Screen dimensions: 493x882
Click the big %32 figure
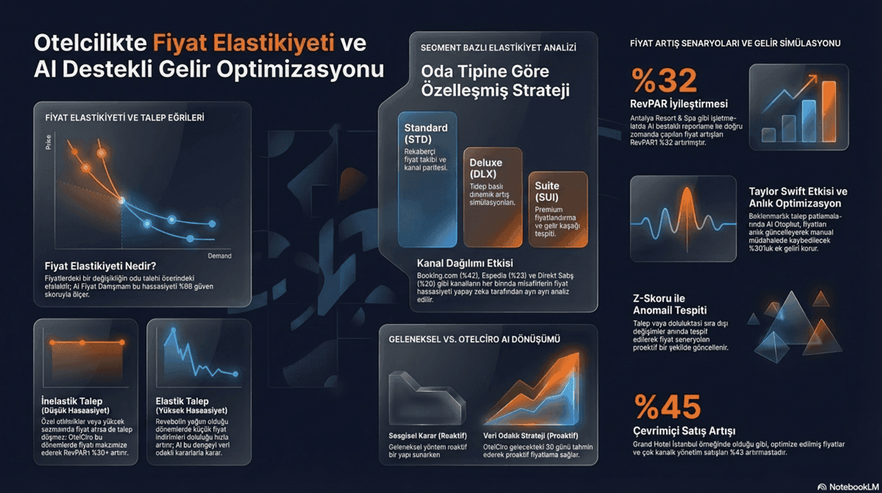[x=664, y=80]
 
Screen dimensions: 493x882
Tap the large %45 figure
[x=667, y=407]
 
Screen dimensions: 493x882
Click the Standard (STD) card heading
[x=425, y=133]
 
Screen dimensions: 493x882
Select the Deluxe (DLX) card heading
[x=486, y=168]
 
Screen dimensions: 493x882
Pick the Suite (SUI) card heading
[x=547, y=191]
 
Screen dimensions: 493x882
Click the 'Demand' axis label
[x=219, y=256]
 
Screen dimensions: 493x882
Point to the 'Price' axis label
[x=49, y=142]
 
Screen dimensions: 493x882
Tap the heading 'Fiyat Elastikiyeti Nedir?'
[x=100, y=266]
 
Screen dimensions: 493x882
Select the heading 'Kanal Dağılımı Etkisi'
[x=464, y=263]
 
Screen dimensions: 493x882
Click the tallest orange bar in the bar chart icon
[x=828, y=111]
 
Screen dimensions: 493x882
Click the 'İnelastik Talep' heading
[x=72, y=401]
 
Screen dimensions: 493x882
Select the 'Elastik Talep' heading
[x=182, y=401]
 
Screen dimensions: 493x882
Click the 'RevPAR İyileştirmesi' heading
[x=678, y=104]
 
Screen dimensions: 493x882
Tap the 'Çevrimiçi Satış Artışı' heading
[x=684, y=431]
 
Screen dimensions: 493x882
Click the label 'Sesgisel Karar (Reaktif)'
[x=427, y=436]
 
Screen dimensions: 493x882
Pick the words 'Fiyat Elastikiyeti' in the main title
[x=243, y=43]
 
